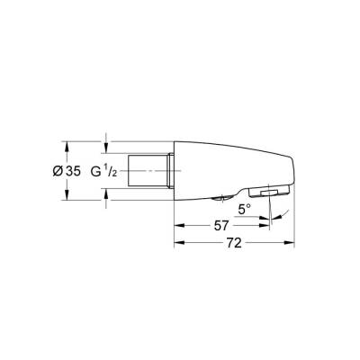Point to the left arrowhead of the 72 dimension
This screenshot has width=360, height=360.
coord(176,243)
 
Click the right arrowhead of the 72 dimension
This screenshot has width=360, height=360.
coord(292,243)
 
